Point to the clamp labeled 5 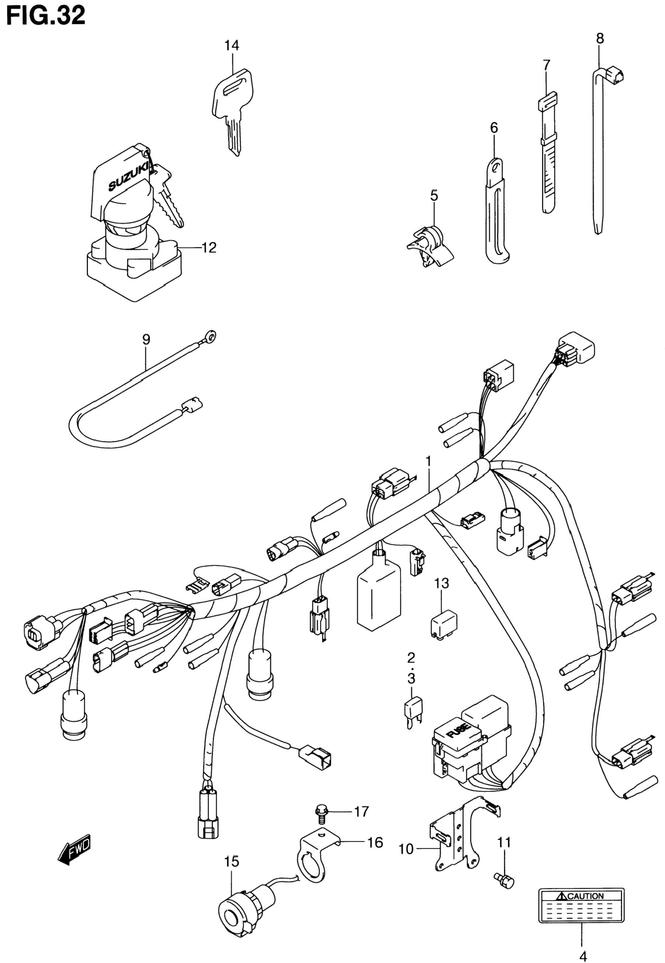pos(431,246)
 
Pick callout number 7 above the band pos(546,65)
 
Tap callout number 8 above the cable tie pos(600,38)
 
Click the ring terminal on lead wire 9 pos(211,336)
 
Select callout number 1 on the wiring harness pos(428,461)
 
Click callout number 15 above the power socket pos(232,861)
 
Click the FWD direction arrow pos(74,850)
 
